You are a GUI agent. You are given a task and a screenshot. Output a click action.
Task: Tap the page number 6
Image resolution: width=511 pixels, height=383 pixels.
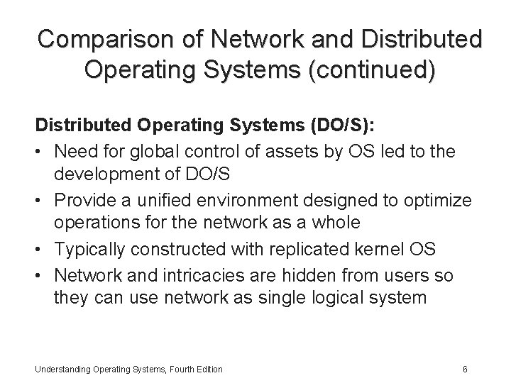point(464,369)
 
